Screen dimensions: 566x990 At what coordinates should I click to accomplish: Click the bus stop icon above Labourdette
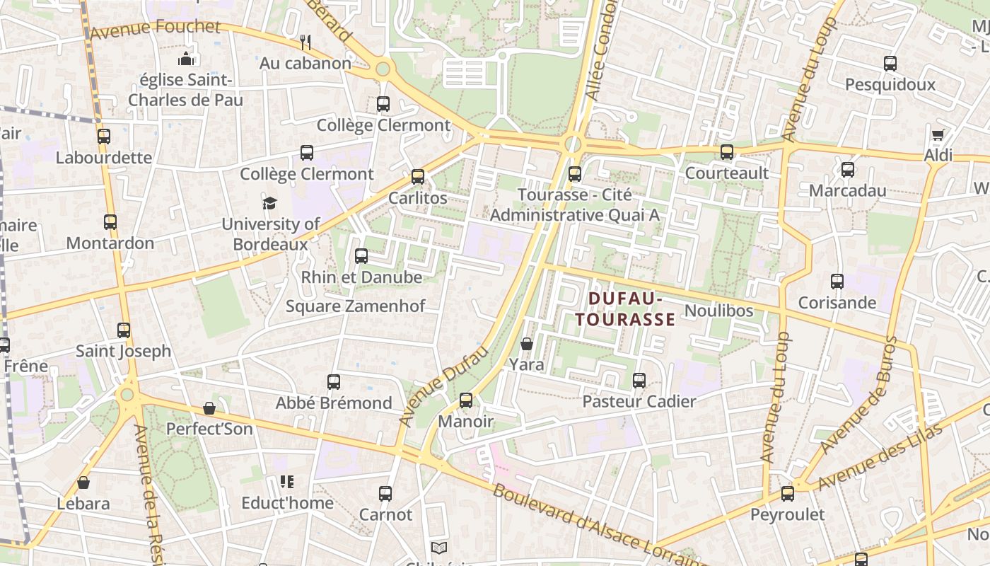click(104, 137)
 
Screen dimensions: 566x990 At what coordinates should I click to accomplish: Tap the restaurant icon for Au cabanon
click(305, 42)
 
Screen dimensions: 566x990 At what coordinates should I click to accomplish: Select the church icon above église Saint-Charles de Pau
click(186, 58)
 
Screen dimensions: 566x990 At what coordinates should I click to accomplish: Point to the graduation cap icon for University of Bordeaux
click(269, 204)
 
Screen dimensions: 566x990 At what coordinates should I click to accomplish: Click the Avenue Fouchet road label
click(155, 29)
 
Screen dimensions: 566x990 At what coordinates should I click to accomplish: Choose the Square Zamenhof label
click(356, 306)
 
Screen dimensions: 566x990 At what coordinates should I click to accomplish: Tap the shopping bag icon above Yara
click(527, 345)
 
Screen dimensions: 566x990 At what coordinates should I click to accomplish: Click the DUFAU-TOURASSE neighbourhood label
click(624, 309)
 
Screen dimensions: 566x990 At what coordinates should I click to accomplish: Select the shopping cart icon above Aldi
click(938, 134)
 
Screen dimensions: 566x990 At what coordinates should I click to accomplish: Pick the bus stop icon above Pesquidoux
click(890, 64)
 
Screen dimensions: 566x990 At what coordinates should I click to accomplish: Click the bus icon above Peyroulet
click(787, 494)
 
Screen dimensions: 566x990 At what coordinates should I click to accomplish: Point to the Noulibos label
click(719, 311)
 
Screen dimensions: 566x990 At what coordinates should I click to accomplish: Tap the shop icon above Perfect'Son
click(209, 408)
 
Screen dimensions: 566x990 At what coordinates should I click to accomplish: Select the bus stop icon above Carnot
click(385, 494)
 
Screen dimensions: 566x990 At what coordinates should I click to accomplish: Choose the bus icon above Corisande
click(837, 282)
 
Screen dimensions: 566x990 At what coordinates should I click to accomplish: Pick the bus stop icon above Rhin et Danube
click(361, 256)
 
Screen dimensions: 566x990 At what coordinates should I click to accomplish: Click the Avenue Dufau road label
click(444, 386)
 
